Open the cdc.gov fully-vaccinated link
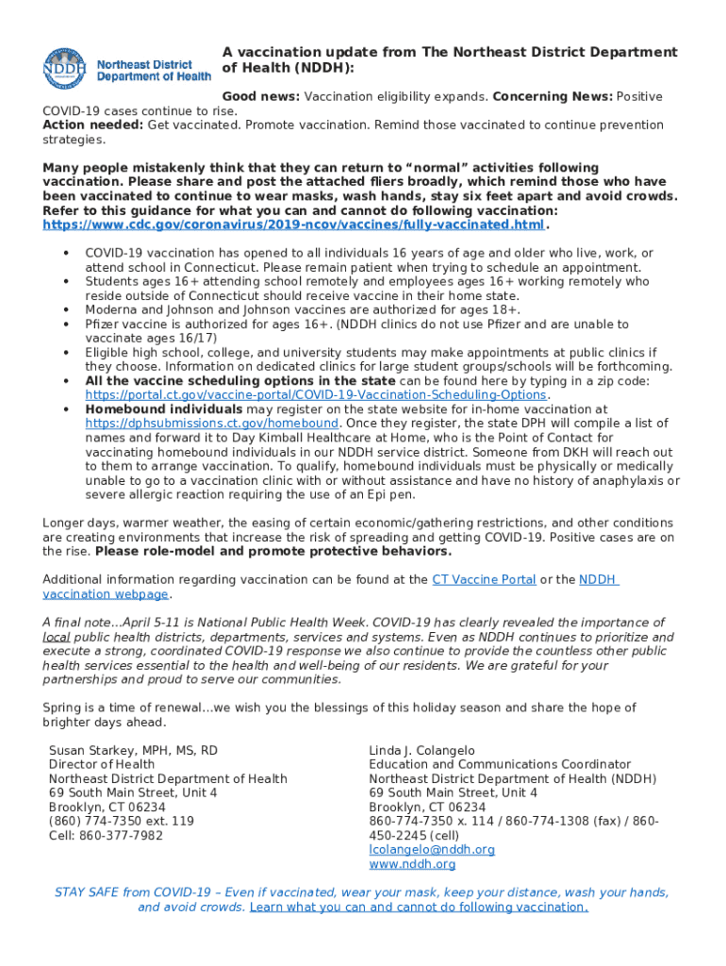(x=294, y=225)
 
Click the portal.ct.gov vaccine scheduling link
(x=316, y=395)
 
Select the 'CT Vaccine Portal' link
(x=484, y=580)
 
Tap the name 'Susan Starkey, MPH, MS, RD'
(x=133, y=751)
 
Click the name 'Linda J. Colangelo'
(x=421, y=751)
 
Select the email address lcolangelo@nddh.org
(x=431, y=850)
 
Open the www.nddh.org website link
(x=412, y=864)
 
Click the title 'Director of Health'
(x=102, y=765)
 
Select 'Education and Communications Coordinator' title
(x=500, y=765)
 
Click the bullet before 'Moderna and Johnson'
(x=66, y=310)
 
